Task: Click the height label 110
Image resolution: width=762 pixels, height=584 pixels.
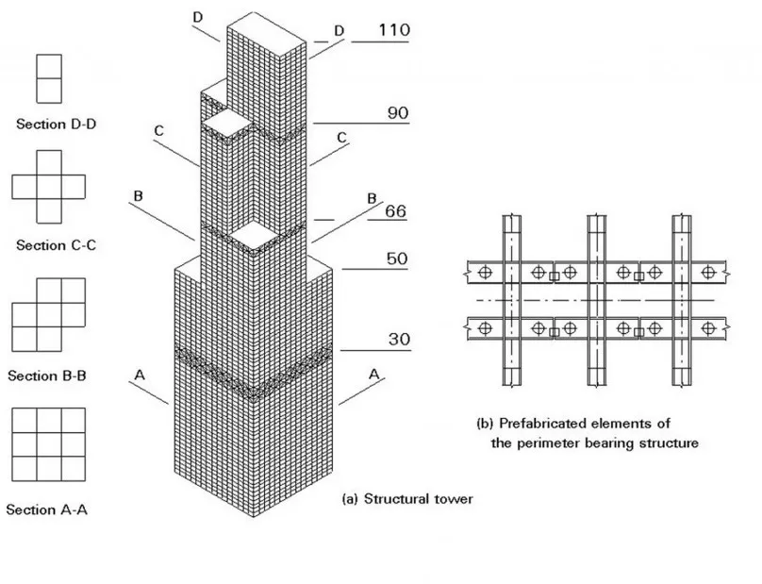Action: coord(393,30)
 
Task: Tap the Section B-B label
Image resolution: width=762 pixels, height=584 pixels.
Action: coord(47,375)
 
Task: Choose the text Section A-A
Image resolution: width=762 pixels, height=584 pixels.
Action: coord(47,509)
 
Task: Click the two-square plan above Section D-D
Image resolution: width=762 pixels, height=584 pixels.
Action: coord(49,77)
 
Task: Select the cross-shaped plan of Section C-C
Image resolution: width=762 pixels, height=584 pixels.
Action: coord(48,187)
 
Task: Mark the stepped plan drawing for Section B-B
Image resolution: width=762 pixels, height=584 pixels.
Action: coord(48,314)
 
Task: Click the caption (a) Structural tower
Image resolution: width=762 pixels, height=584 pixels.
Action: coord(406,499)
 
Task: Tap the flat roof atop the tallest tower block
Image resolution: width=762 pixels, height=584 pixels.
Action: coord(269,25)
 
